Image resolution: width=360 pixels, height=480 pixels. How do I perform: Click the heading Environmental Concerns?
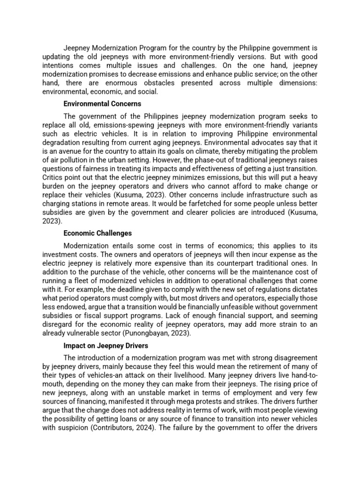pos(102,104)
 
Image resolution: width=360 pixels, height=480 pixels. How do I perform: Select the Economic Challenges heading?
pos(97,233)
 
